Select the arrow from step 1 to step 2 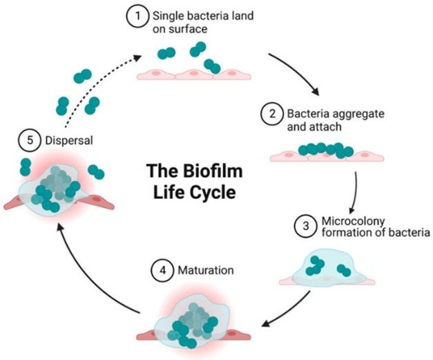point(296,71)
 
